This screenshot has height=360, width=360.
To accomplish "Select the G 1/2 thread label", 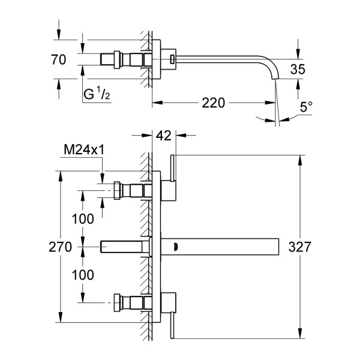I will tap(97, 94).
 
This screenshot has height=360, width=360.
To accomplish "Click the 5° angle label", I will tap(307, 109).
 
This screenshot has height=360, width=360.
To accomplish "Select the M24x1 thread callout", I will tap(82, 149).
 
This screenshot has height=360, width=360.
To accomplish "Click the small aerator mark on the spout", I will tap(175, 246).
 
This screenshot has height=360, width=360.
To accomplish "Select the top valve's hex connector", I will tap(116, 191).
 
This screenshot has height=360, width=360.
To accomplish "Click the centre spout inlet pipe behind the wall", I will tap(123, 246).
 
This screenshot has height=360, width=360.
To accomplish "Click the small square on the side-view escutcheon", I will tap(172, 59).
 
